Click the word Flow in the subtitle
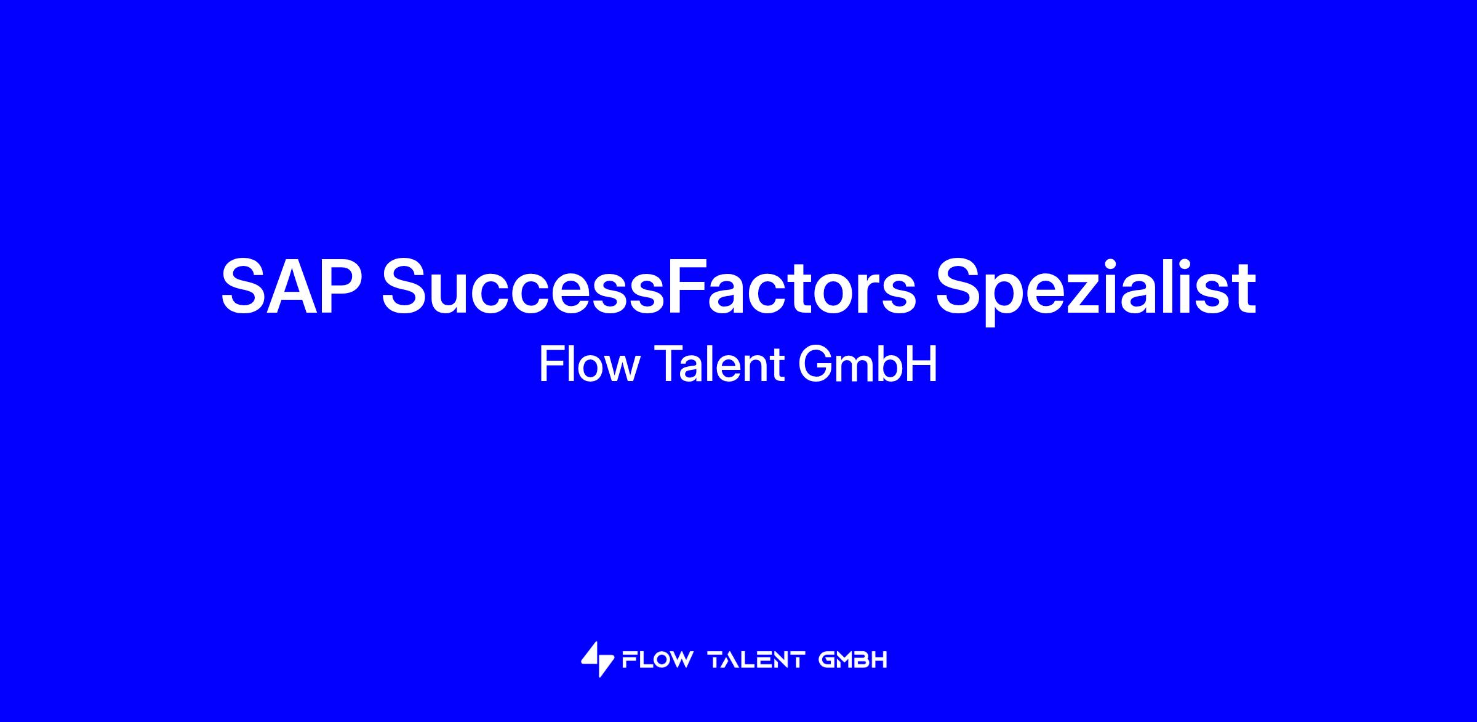tap(589, 364)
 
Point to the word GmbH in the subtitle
tap(868, 364)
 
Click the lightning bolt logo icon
tap(597, 659)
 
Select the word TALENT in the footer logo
tap(756, 660)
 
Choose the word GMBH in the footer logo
tap(853, 660)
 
